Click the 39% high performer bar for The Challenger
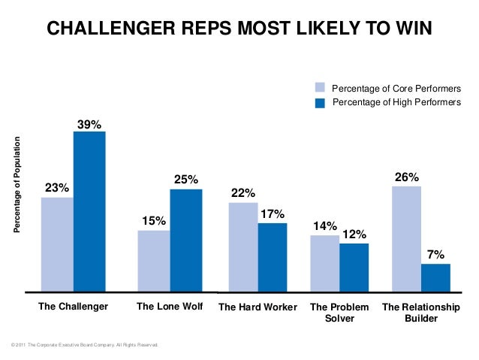point(89,211)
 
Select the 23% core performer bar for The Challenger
point(57,244)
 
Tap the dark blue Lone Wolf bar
point(186,240)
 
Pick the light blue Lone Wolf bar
point(154,260)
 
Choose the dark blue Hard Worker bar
point(273,256)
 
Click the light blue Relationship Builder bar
point(406,238)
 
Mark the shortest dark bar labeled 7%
point(435,277)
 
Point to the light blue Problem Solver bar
point(325,262)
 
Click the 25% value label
point(186,180)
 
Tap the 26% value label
point(407,177)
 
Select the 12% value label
point(354,234)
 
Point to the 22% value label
point(243,193)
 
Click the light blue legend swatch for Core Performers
point(320,88)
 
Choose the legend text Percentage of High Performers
point(396,102)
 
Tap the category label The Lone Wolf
point(170,307)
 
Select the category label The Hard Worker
point(258,307)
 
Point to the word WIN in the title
point(414,29)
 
